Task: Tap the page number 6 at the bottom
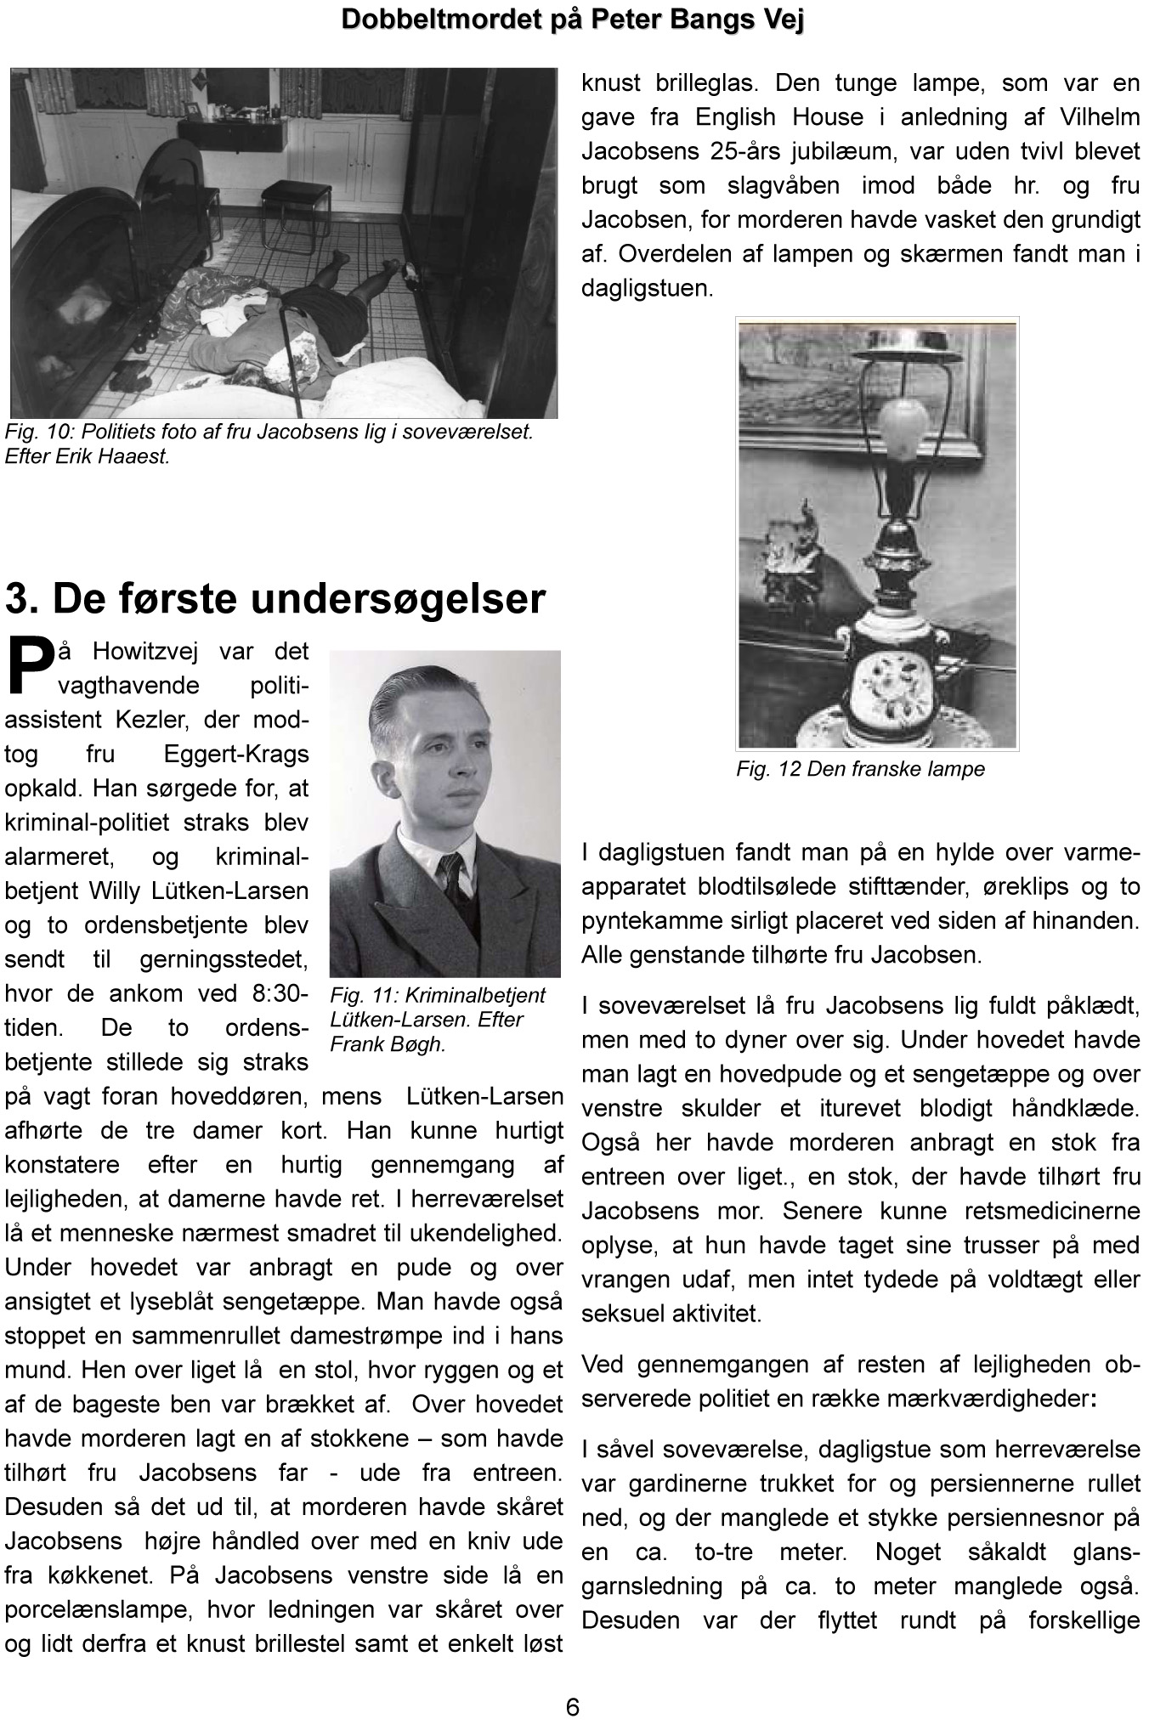tap(573, 1706)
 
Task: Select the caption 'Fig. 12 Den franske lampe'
tap(860, 770)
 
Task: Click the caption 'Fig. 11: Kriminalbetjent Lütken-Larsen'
tap(438, 1019)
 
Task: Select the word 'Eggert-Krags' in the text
tap(235, 755)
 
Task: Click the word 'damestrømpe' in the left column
tap(357, 1336)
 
